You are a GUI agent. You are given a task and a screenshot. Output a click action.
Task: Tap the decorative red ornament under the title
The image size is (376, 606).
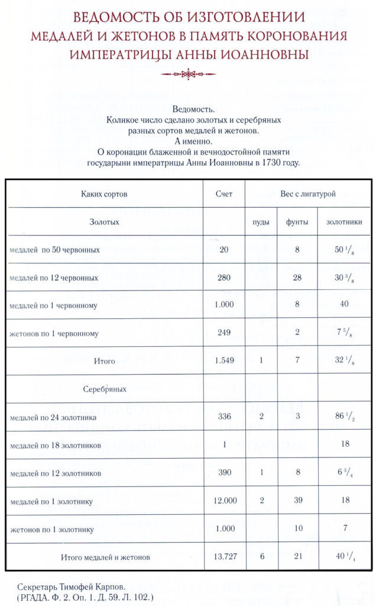coord(188,74)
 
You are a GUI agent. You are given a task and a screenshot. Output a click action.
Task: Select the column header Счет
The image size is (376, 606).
coord(224,194)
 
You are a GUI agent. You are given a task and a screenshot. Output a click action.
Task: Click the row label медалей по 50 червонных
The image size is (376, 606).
coord(54,250)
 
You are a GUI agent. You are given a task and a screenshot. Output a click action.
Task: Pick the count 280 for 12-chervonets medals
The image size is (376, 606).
coord(224,278)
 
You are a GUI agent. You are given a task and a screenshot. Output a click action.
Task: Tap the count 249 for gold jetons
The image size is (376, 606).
coord(224,333)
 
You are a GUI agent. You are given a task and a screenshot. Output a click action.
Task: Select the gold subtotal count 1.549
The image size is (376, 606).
coord(224,360)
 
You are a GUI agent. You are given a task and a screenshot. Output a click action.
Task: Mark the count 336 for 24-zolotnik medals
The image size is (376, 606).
coord(224,417)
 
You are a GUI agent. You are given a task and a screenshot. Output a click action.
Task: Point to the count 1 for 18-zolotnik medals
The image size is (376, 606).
coord(224,444)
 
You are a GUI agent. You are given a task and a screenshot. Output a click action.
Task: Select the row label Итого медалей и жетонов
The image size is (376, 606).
coord(105,557)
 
